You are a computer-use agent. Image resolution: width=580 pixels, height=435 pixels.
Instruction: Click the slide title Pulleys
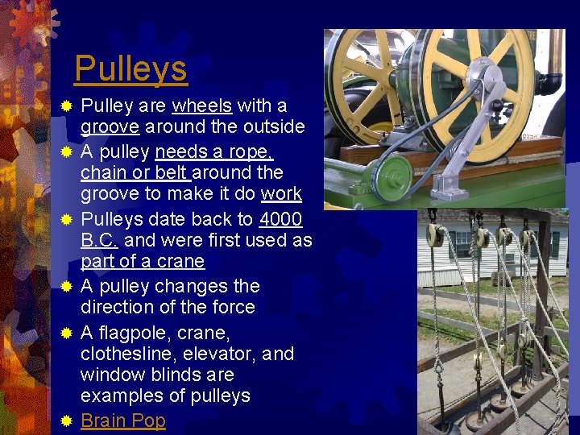tap(130, 69)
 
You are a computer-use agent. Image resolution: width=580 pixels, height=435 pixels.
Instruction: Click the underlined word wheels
tap(201, 106)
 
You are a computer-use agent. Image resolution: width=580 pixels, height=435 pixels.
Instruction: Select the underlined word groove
tap(109, 126)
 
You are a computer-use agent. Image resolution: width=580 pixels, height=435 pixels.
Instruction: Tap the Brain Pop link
tap(123, 420)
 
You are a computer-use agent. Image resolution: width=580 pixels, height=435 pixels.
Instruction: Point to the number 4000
tap(280, 219)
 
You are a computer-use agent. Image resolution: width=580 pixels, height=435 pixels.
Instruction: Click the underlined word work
tap(282, 193)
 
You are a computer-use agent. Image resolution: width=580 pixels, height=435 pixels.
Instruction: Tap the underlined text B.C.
tap(100, 240)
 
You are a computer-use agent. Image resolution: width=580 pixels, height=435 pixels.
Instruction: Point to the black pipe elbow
tap(552, 82)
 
